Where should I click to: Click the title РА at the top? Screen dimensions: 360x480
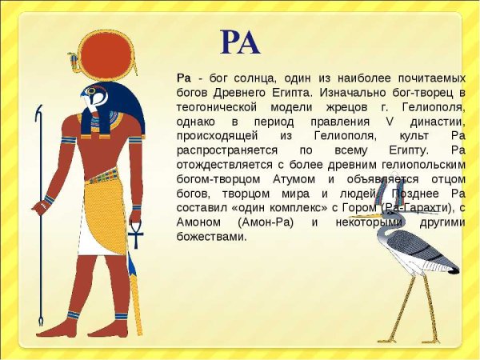[x=240, y=42]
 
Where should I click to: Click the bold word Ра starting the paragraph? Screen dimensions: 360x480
[x=183, y=78]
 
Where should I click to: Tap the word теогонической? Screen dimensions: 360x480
[x=215, y=107]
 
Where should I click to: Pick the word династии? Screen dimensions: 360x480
[x=440, y=122]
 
